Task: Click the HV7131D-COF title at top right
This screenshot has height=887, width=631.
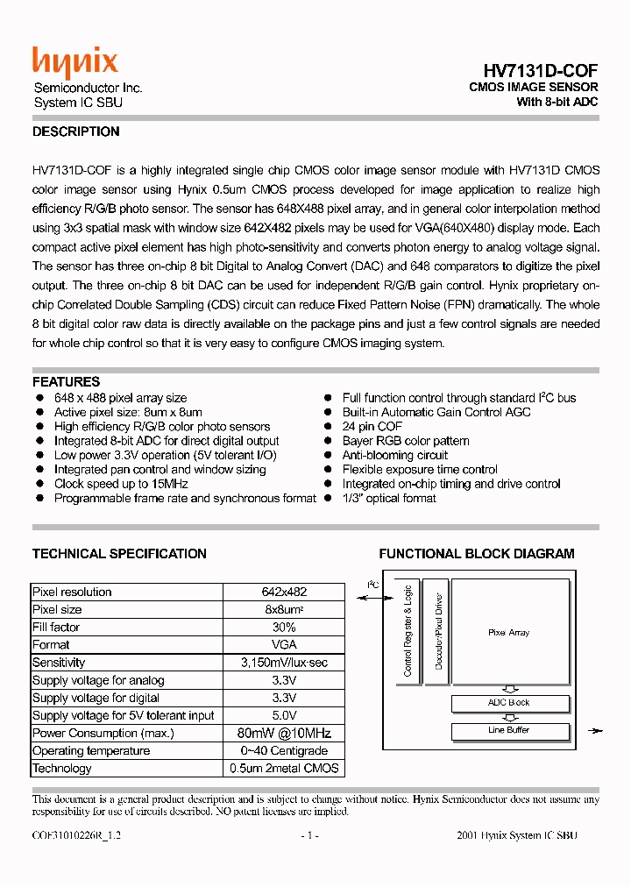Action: pos(541,70)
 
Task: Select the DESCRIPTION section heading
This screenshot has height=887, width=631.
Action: pos(75,132)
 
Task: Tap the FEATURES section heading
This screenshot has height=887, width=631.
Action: pos(66,382)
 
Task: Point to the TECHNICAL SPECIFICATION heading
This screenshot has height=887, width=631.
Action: pos(119,554)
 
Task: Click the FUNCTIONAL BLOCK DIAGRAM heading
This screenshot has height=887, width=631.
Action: pos(477,554)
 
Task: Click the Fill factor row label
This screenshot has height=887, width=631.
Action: pos(54,628)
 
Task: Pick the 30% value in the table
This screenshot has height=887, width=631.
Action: pos(284,628)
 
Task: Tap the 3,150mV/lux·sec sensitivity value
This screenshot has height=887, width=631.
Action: pos(284,663)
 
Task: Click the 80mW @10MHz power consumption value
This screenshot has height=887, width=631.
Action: pos(284,734)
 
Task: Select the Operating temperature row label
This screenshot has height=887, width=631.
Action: pos(91,751)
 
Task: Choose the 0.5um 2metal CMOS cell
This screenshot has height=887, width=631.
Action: pos(284,769)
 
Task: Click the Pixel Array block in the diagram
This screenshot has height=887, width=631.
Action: pos(508,632)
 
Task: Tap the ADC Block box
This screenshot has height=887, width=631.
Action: pos(508,703)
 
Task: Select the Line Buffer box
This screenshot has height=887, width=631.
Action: pos(508,730)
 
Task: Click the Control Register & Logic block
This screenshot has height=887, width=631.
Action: pos(408,630)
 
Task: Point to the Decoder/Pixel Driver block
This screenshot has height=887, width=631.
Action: pos(439,630)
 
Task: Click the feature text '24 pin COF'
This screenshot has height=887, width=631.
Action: pos(372,427)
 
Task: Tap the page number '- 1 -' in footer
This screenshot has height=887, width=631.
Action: pos(308,836)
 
